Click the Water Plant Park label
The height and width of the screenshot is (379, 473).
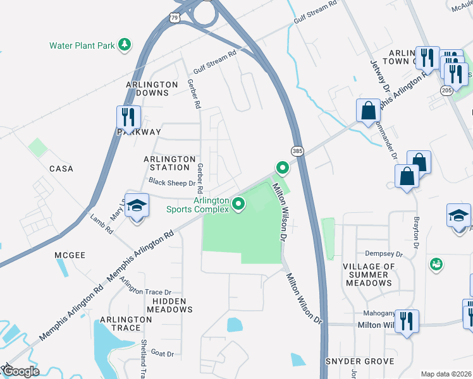82,45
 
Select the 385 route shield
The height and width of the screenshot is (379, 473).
297,151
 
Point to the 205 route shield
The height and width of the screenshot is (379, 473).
447,91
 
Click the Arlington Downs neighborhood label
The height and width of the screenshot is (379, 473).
147,88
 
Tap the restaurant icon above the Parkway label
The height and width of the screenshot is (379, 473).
128,116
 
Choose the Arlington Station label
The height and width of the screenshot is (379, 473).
167,163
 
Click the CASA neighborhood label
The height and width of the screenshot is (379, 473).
61,169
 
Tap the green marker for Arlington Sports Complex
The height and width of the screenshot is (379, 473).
239,203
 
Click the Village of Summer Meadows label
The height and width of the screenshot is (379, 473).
369,275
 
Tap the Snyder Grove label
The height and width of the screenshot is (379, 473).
360,361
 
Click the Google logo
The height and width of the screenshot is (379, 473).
20,371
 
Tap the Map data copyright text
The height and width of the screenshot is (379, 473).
446,374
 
